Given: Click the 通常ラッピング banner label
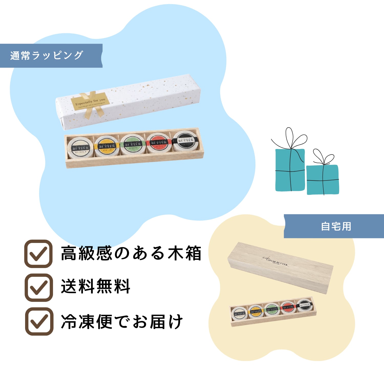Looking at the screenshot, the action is tap(47, 56).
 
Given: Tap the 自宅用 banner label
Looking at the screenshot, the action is tap(336, 226).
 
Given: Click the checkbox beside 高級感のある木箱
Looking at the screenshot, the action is tap(38, 254).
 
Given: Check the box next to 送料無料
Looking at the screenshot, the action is tap(39, 287).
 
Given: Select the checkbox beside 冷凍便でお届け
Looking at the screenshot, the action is tap(39, 321).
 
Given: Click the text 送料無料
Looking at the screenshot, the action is tap(95, 286).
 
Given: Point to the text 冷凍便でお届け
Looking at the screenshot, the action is tap(122, 322).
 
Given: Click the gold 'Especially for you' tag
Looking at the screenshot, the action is tap(91, 102).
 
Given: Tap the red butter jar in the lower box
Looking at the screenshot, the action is tap(288, 308).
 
